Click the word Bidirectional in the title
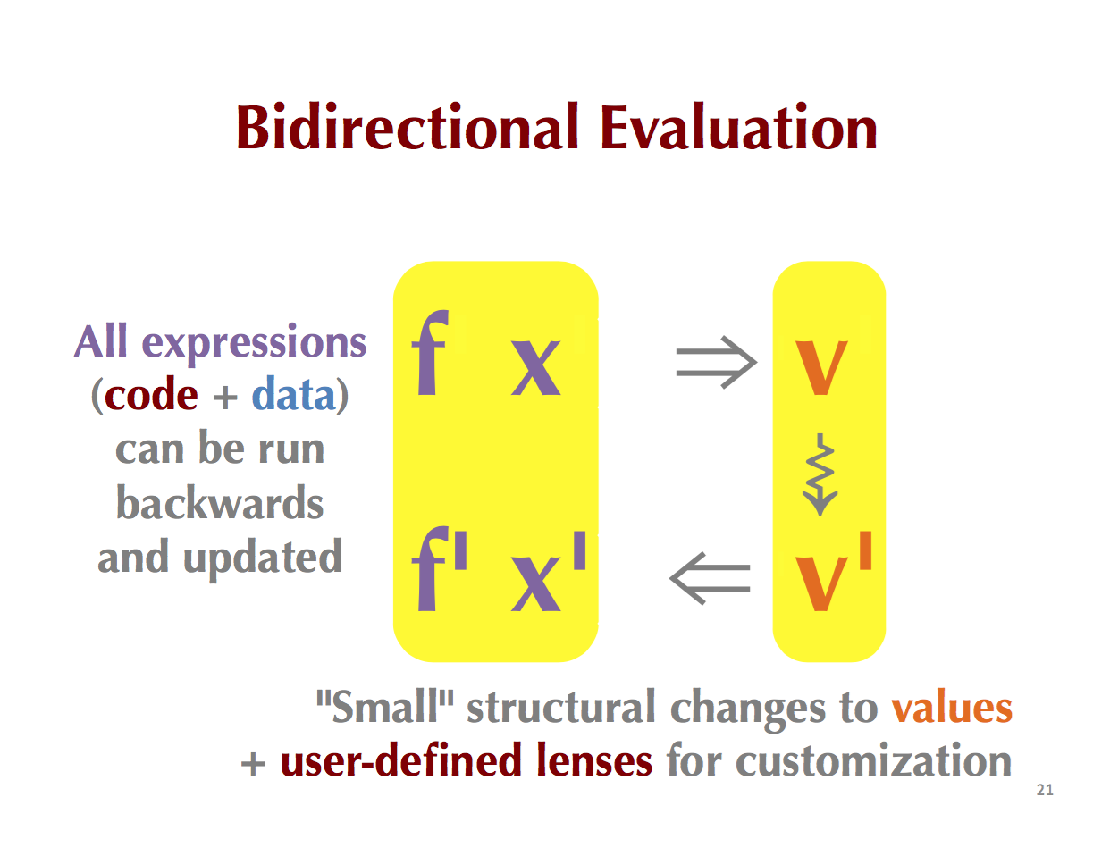pos(408,126)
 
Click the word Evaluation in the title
pos(738,126)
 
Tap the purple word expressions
pos(254,344)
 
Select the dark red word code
pos(151,395)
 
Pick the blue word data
pos(294,394)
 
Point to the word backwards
pos(220,503)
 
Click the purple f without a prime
pos(430,352)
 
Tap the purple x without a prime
pos(536,368)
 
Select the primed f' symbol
pos(440,569)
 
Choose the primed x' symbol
pos(548,572)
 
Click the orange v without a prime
pos(821,368)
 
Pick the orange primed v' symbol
pos(834,572)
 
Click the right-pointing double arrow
pos(716,363)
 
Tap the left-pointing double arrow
pos(710,578)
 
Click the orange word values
pos(952,709)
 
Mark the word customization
pos(873,760)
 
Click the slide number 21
pos(1045,790)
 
